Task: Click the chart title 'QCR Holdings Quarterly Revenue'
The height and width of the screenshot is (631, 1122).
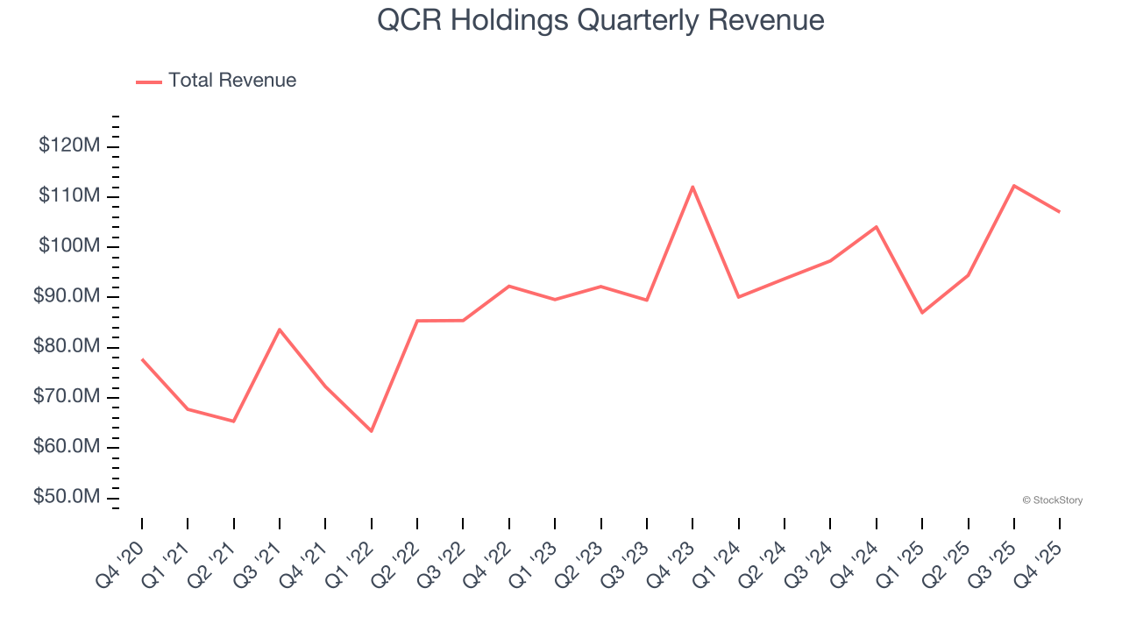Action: (x=600, y=20)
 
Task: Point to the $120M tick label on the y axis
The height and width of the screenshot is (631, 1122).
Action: (x=69, y=145)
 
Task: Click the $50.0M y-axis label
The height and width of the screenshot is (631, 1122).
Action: (x=67, y=498)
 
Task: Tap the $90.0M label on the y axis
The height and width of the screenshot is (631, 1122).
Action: (x=67, y=296)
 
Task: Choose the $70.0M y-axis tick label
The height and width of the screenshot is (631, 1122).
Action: (x=67, y=397)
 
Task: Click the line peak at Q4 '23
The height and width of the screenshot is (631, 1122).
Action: (x=692, y=187)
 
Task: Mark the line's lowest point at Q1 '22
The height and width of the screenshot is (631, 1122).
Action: (x=372, y=431)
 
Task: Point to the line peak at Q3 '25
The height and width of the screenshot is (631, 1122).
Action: (x=1013, y=186)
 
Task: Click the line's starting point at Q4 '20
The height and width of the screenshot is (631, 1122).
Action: (x=142, y=359)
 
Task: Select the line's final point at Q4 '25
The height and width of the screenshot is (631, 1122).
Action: (x=1060, y=212)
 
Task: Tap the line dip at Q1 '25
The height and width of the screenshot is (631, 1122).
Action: (x=922, y=313)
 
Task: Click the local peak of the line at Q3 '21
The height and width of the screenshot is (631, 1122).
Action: (x=280, y=330)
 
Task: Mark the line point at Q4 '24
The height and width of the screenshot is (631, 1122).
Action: (x=877, y=227)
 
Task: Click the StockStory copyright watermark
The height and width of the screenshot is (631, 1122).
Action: (x=1052, y=500)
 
